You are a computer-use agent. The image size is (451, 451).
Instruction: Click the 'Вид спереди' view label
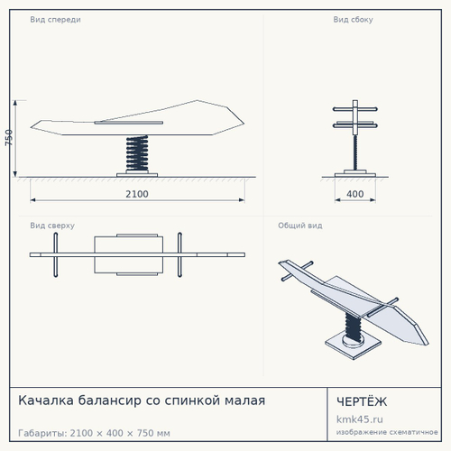55,20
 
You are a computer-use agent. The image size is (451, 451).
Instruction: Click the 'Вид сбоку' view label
353,20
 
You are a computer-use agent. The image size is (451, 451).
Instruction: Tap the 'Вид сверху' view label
52,225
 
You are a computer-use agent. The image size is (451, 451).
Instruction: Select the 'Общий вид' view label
300,225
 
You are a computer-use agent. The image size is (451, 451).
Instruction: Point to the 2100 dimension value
137,194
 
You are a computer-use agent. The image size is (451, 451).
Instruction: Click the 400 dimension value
355,194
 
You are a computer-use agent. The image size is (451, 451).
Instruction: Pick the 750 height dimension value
9,138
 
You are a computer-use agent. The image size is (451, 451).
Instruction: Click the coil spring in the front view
137,153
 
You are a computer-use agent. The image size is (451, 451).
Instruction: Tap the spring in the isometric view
354,327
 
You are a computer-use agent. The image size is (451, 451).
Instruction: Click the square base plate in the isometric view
353,345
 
